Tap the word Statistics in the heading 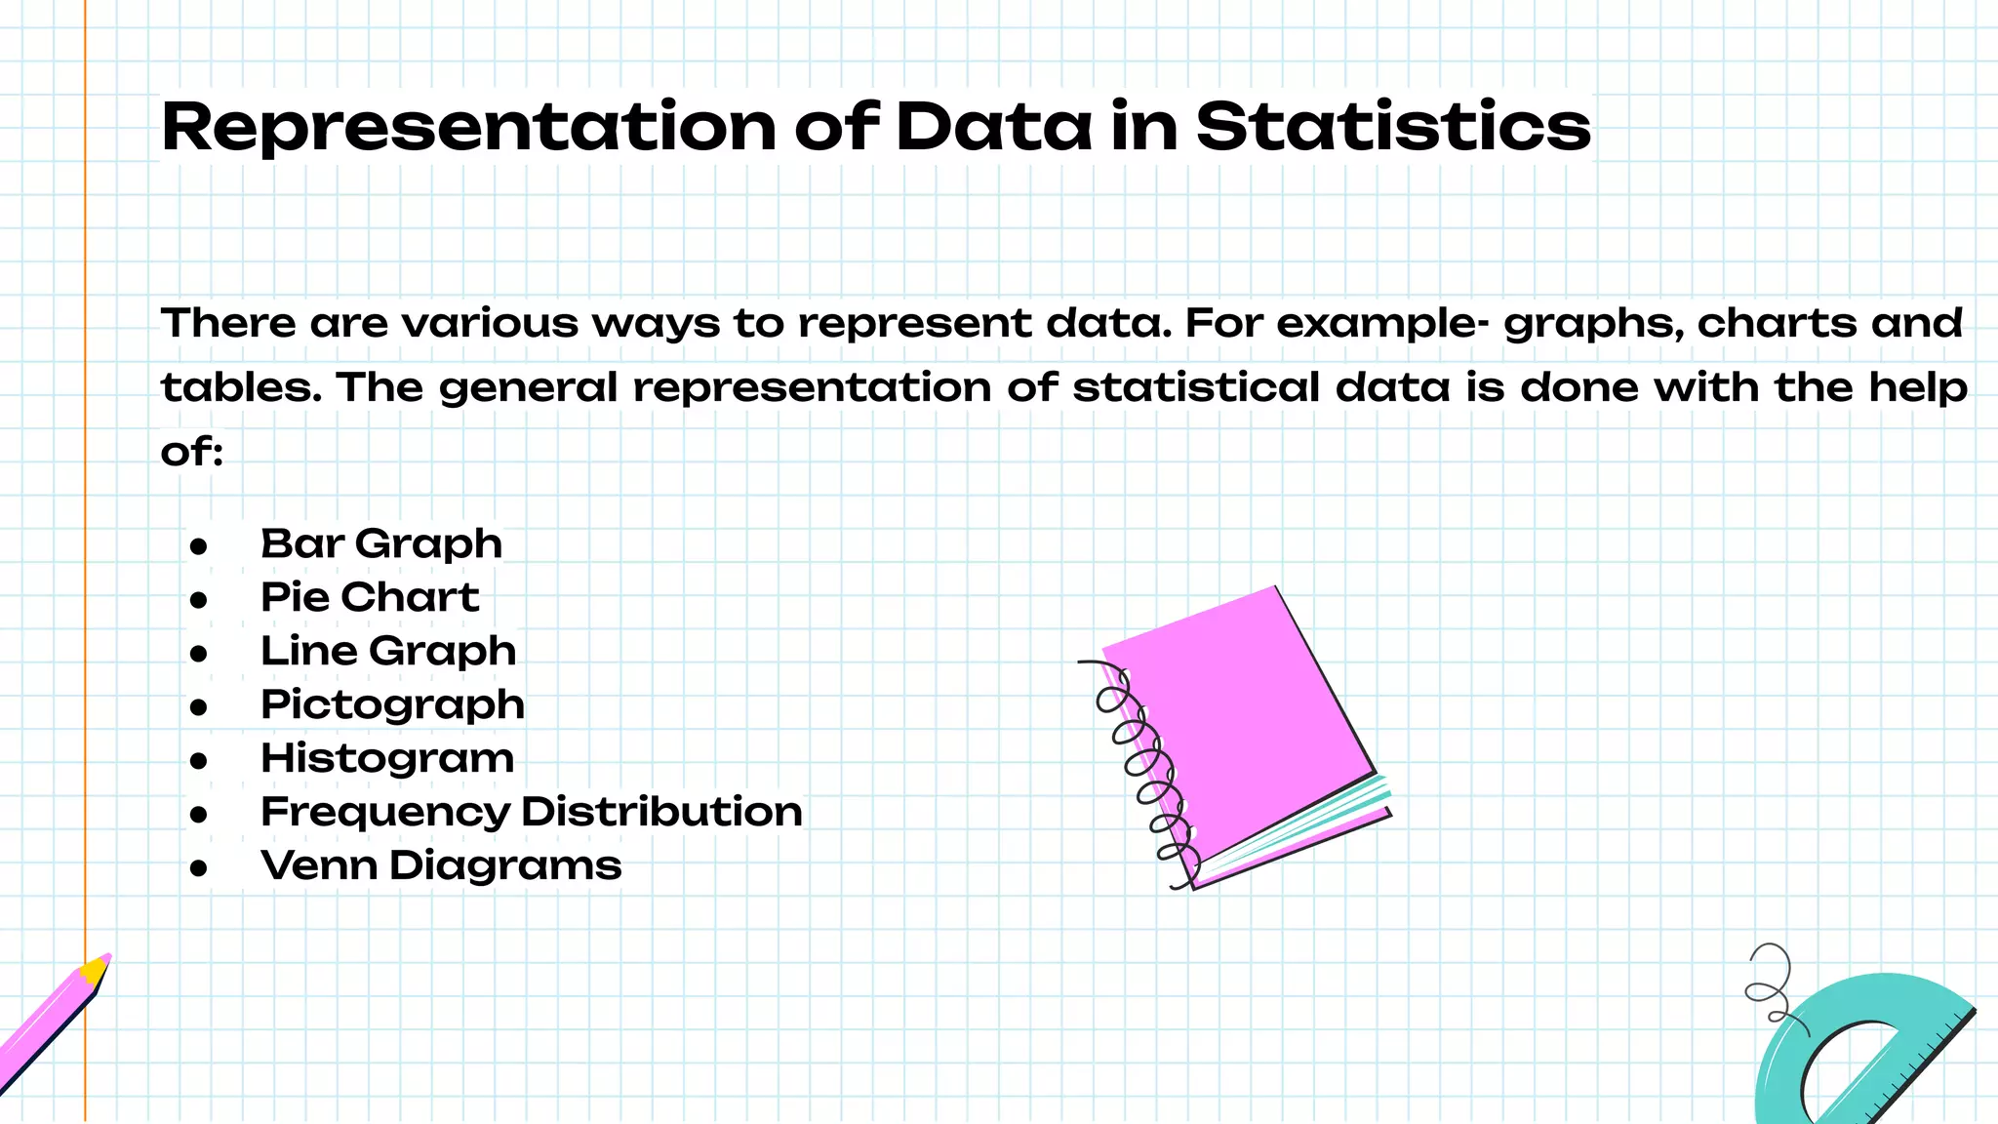[x=1393, y=127]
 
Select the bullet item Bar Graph [x=381, y=543]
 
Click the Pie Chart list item [x=370, y=597]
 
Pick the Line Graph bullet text [x=388, y=651]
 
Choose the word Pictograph [x=392, y=704]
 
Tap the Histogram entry [x=387, y=758]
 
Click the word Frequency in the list [x=385, y=812]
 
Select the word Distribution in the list [x=661, y=812]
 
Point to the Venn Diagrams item [x=441, y=865]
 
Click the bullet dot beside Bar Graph [x=199, y=546]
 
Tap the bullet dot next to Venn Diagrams [x=199, y=867]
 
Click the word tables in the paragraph [x=240, y=387]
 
